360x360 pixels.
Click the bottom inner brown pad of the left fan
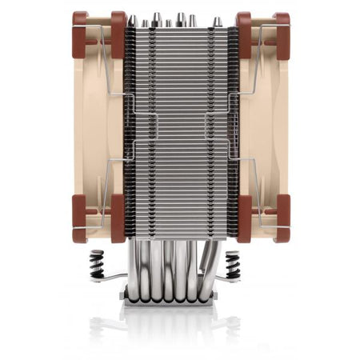click(x=118, y=218)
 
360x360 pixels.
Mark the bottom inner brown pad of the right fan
click(x=244, y=218)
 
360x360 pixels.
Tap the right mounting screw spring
click(x=233, y=263)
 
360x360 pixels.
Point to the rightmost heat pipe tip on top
click(x=216, y=23)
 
